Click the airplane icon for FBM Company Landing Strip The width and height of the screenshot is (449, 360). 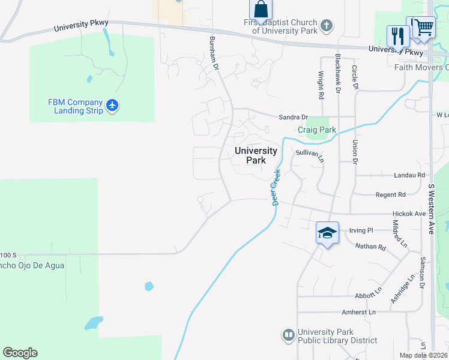[112, 106]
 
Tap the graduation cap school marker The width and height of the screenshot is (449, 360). [327, 232]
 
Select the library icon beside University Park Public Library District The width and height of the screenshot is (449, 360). [289, 335]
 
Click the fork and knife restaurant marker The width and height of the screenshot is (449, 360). [398, 35]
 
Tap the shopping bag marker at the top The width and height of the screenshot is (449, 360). [261, 10]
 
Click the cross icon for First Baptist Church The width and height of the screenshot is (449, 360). [326, 26]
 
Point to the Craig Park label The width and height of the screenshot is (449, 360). [317, 130]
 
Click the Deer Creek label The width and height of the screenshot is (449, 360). [277, 187]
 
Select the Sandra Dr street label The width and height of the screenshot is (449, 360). [293, 117]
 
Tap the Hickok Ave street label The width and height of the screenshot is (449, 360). [409, 214]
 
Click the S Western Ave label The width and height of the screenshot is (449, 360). [431, 208]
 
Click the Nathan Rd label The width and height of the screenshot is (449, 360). [370, 246]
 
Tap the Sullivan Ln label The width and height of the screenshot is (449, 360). [309, 155]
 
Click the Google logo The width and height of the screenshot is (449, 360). [20, 353]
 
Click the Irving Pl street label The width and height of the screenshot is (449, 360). [361, 230]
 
